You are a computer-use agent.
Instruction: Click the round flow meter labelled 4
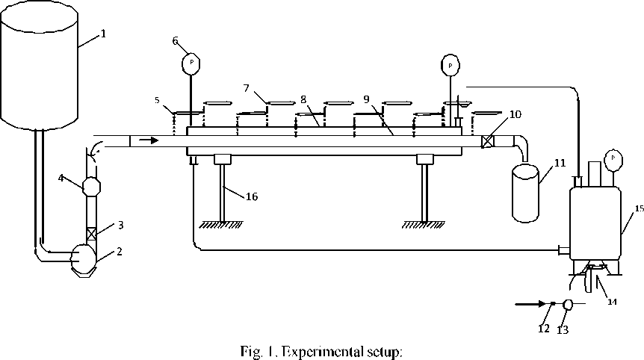91,183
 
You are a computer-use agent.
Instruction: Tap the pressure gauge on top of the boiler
613,158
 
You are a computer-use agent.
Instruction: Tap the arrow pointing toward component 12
530,304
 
